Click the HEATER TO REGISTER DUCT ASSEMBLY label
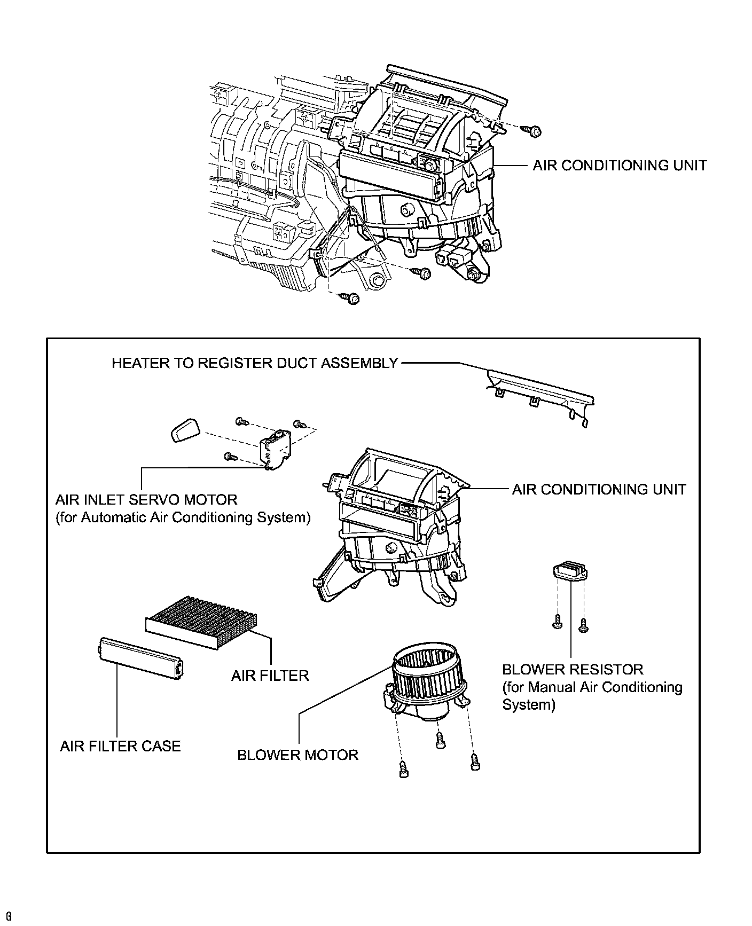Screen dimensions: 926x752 pos(255,363)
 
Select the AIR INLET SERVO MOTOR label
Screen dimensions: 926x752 pos(146,500)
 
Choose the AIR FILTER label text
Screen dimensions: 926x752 pos(270,676)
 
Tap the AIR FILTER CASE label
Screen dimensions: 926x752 pos(120,746)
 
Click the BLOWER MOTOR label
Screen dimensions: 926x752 pos(297,755)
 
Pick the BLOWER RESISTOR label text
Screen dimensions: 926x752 pos(573,669)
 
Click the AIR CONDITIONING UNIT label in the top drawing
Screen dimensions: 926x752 pos(620,166)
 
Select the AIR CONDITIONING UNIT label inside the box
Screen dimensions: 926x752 pos(599,489)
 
